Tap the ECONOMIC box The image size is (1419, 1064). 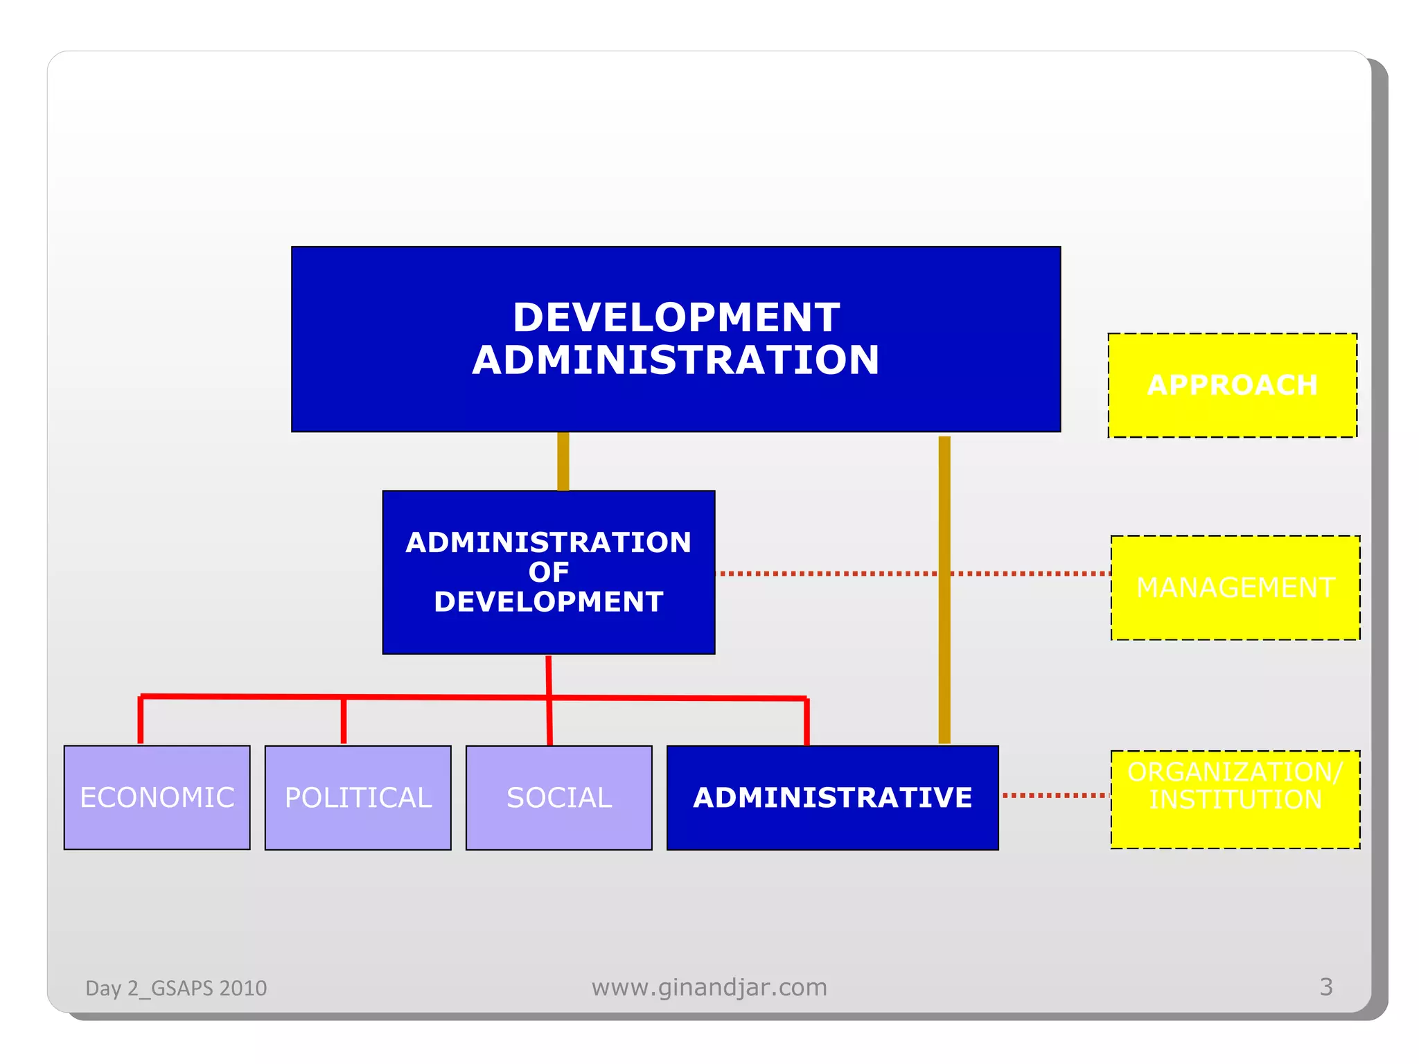157,797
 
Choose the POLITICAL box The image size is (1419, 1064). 358,797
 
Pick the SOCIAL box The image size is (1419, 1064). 558,797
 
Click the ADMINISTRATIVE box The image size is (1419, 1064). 832,797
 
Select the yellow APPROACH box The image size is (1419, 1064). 1232,385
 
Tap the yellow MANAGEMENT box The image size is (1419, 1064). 1235,587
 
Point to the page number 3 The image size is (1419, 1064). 1325,986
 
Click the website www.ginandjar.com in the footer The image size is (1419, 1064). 709,987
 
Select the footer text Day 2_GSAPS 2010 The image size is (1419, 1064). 176,988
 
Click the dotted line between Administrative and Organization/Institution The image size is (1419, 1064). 1055,795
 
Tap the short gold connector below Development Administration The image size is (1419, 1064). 563,461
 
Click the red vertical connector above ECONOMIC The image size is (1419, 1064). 141,720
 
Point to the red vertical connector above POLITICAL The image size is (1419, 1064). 344,721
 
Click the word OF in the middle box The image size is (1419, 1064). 548,572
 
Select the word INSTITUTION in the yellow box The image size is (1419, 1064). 1235,800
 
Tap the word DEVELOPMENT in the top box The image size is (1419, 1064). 676,317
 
